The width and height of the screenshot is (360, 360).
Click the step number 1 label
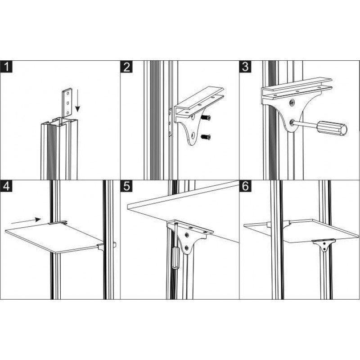click(6, 67)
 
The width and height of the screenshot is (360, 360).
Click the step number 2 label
click(126, 67)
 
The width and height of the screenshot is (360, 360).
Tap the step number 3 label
click(245, 67)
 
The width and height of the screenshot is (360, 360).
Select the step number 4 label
click(6, 186)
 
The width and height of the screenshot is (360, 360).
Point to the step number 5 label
click(126, 186)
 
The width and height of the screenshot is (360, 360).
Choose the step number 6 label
click(245, 186)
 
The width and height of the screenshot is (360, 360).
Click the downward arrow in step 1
click(77, 100)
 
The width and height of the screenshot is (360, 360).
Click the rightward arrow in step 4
click(26, 221)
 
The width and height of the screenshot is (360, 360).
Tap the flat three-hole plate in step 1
click(67, 103)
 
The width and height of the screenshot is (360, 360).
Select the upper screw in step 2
click(206, 118)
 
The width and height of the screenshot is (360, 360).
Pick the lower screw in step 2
click(206, 137)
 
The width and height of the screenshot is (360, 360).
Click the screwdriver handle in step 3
click(332, 128)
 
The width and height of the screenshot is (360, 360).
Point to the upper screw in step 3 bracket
click(292, 103)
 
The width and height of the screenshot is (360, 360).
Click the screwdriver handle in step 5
click(175, 257)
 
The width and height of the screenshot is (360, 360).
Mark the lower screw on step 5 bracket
click(187, 248)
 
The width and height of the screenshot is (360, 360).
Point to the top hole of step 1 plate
click(67, 94)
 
